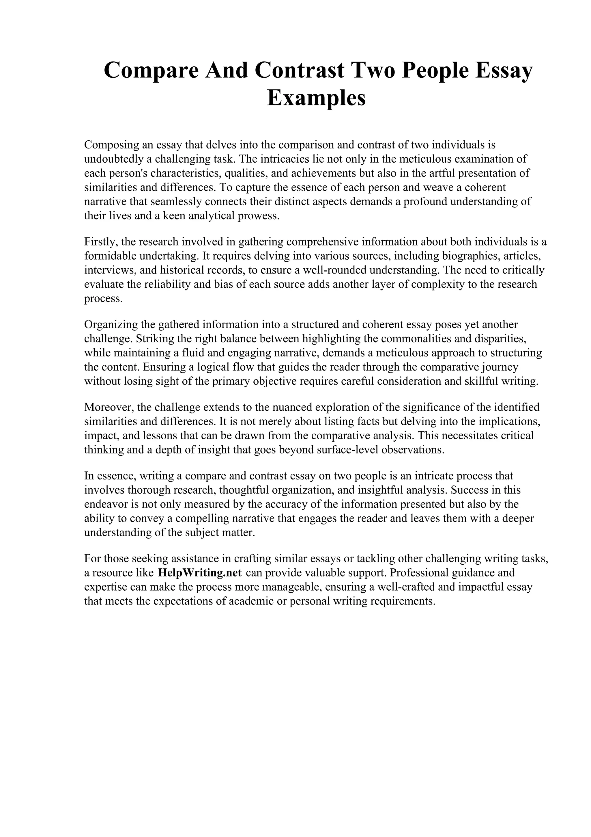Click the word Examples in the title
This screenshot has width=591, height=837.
click(316, 98)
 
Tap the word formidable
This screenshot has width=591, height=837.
click(110, 256)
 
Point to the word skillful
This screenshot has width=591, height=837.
click(482, 381)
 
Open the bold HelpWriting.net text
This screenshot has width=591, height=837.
click(200, 573)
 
